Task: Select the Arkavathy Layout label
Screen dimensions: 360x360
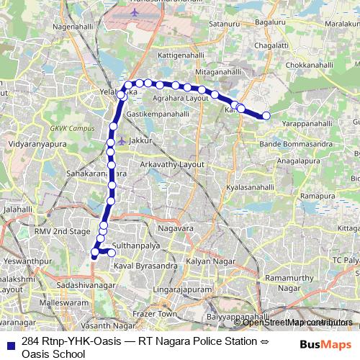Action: [172, 165]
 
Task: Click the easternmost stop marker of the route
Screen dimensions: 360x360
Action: [266, 115]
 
